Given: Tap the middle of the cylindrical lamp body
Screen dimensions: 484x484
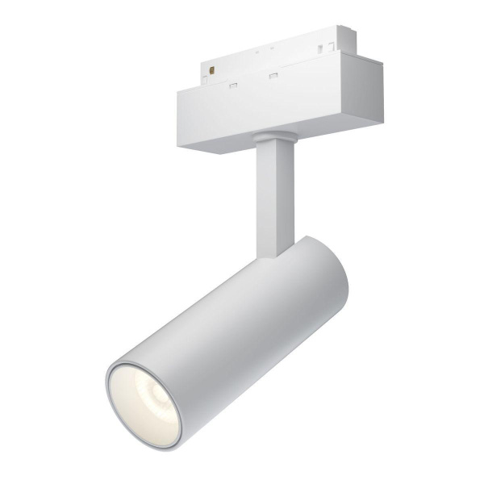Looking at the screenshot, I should [234, 339].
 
